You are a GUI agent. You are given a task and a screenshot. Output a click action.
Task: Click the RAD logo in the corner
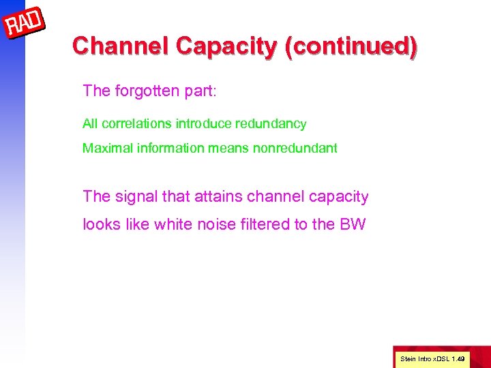click(x=25, y=25)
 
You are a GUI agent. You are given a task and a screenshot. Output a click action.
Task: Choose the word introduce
click(x=201, y=124)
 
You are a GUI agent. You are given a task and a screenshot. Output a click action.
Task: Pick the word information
click(x=164, y=148)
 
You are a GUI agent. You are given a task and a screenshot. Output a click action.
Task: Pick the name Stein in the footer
click(x=407, y=358)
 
